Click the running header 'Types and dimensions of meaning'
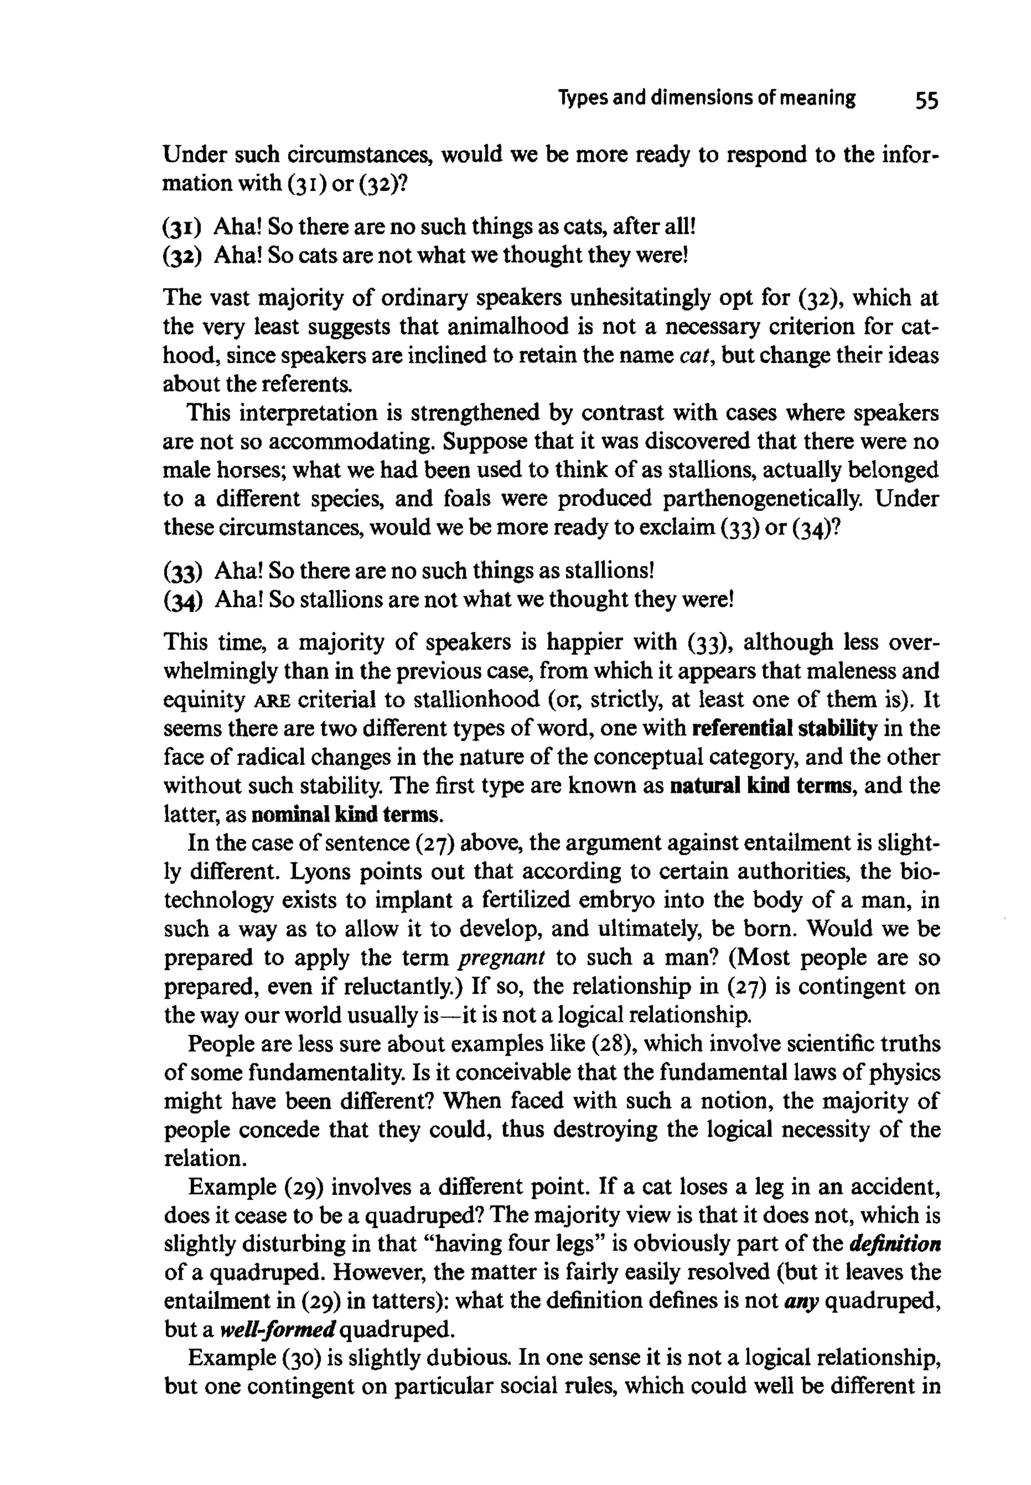click(x=707, y=99)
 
